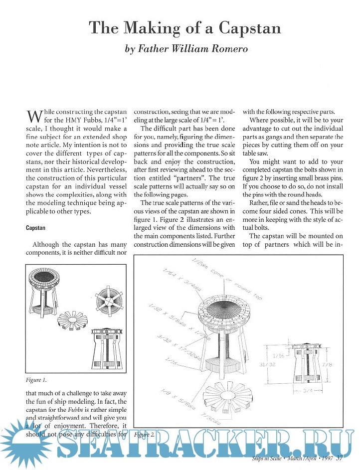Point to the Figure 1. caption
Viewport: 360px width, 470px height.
pos(37,380)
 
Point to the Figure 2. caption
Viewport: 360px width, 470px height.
pos(145,434)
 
